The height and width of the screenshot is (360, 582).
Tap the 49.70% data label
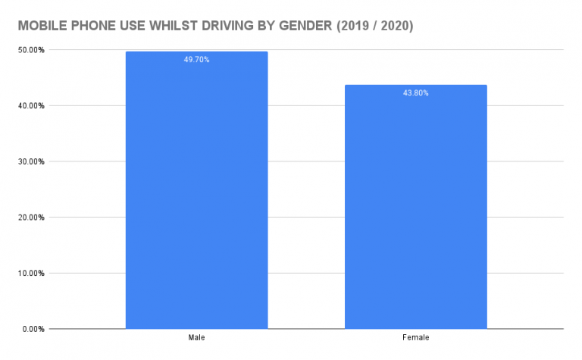pyautogui.click(x=196, y=59)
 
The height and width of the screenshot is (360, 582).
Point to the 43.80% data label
pyautogui.click(x=415, y=93)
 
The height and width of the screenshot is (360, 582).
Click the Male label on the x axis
pyautogui.click(x=196, y=337)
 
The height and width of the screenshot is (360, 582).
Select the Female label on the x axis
pyautogui.click(x=415, y=337)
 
